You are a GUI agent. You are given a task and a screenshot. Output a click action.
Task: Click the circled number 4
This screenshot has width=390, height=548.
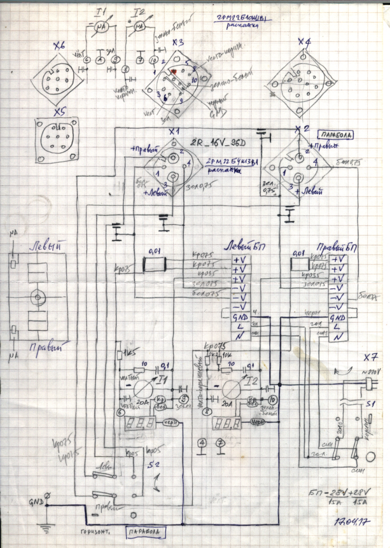pyautogui.click(x=202, y=443)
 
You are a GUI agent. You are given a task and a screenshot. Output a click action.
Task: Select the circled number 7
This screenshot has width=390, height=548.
pyautogui.click(x=219, y=443)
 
